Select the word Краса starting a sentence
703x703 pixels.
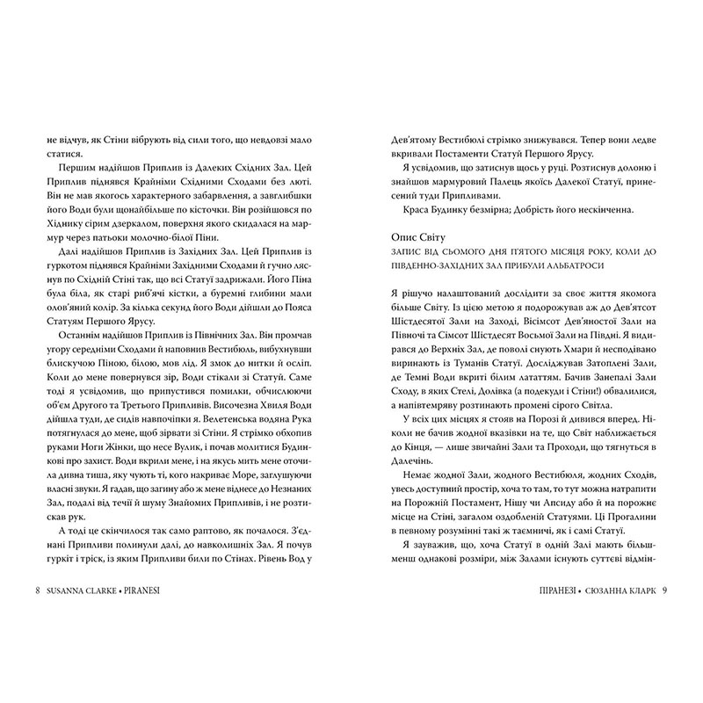(403, 211)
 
